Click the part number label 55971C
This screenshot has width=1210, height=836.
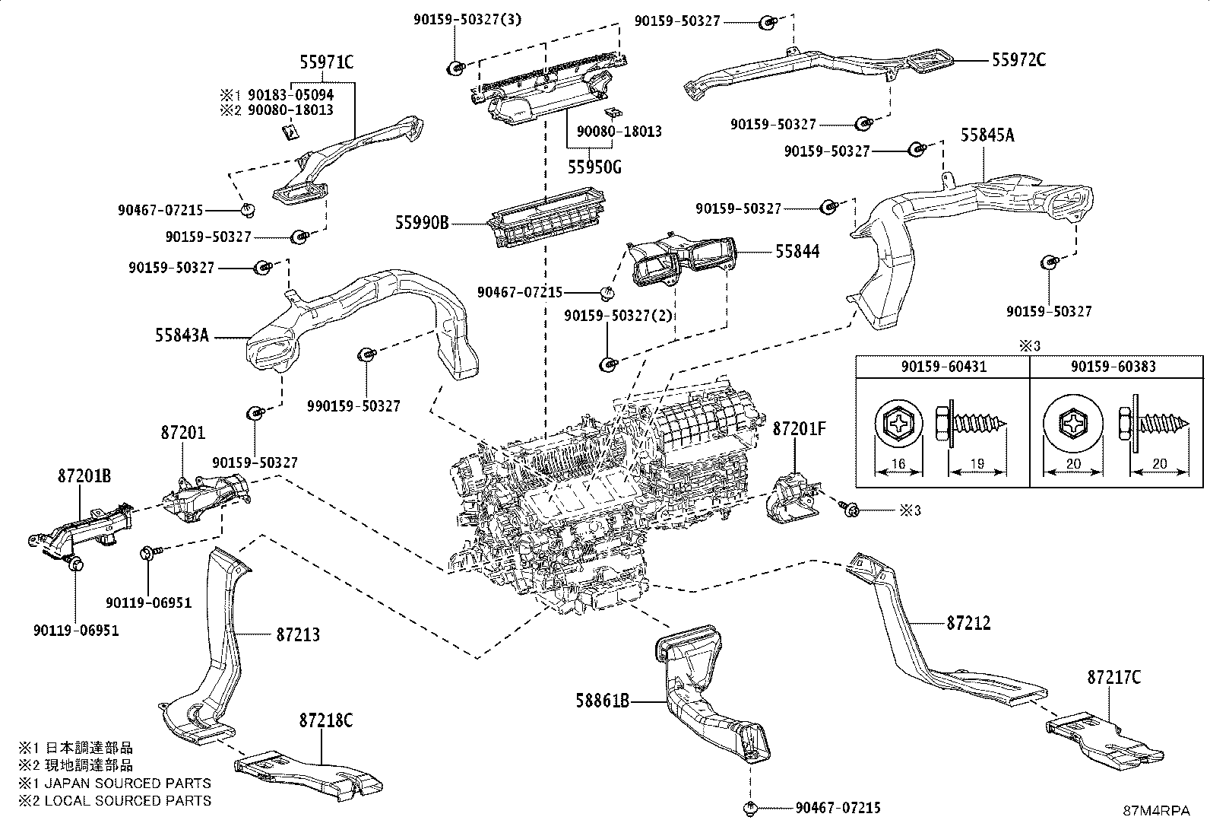click(327, 63)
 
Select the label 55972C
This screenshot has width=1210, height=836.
click(1018, 59)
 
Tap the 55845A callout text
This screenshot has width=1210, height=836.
click(987, 135)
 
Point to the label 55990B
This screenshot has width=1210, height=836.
click(422, 223)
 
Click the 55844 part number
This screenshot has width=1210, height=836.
click(797, 251)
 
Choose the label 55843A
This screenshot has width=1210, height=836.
click(182, 335)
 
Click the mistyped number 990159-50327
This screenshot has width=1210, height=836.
click(353, 406)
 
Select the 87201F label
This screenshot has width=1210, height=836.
click(799, 429)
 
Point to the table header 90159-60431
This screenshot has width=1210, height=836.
click(943, 367)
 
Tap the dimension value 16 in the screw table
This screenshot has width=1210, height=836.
click(899, 464)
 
